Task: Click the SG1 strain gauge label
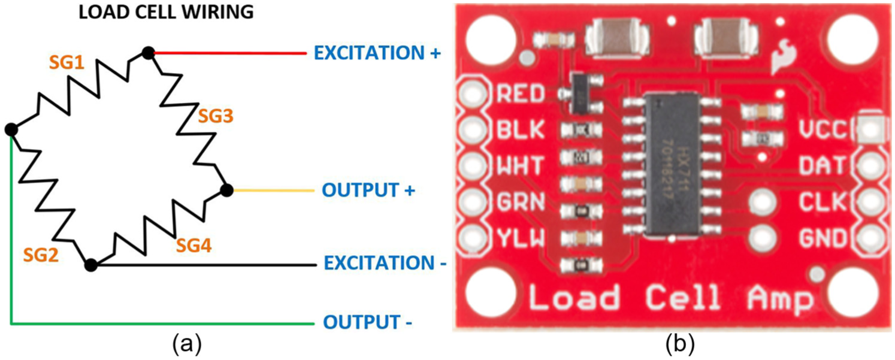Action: (66, 63)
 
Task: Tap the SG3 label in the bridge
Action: (216, 116)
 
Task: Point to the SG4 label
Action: (193, 245)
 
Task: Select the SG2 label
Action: (41, 255)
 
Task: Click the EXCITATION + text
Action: (377, 53)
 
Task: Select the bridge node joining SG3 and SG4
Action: (227, 190)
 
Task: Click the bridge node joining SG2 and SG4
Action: (91, 265)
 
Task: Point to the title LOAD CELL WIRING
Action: (166, 12)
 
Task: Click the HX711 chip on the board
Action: (672, 165)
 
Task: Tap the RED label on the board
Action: (521, 94)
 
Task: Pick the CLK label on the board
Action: (823, 202)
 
